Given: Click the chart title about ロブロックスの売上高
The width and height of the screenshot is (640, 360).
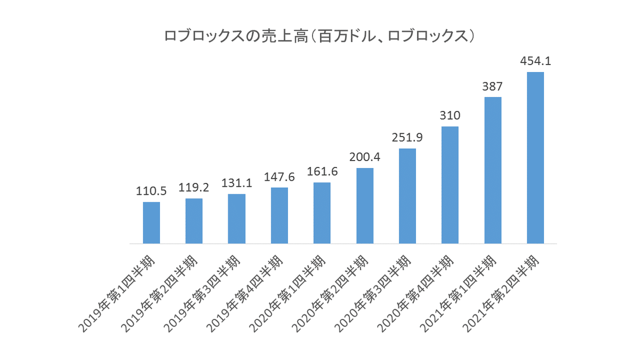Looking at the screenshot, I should (x=319, y=36).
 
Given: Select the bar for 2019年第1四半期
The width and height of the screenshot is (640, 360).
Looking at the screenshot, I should (x=151, y=223).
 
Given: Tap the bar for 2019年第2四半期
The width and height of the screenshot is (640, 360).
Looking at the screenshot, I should (x=194, y=221).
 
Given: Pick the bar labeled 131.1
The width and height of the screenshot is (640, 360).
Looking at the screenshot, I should (x=237, y=219).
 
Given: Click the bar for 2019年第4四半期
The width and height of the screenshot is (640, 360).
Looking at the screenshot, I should (x=279, y=215).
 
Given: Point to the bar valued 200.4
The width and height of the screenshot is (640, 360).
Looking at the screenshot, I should (x=365, y=206).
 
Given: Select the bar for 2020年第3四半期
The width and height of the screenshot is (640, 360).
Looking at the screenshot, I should (x=407, y=196).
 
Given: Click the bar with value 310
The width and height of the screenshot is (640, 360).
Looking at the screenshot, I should (x=450, y=185).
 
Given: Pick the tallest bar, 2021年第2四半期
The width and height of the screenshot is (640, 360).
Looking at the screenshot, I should (x=535, y=158).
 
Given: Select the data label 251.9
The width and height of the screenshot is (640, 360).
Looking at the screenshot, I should (x=407, y=138).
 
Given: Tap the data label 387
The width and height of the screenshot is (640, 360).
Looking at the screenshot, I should (x=493, y=87).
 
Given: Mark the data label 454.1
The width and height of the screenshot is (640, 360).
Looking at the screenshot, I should (x=535, y=61).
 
